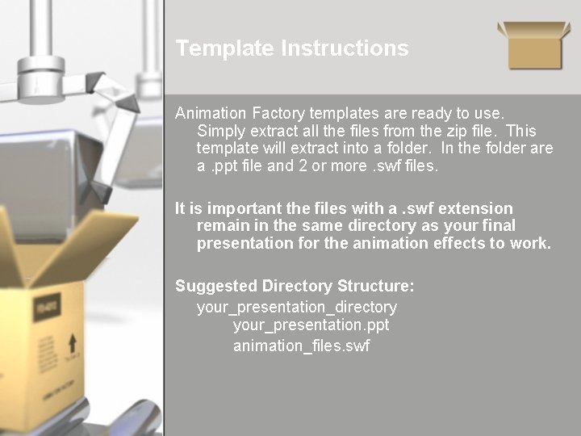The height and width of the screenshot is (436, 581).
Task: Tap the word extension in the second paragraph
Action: coord(474,208)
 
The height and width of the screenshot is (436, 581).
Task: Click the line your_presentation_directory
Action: coord(297,308)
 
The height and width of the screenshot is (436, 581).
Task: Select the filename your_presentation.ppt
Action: coord(311,325)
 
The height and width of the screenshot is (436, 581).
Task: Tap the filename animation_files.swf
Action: coord(302,346)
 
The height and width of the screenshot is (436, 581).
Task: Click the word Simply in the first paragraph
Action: coord(220,131)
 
